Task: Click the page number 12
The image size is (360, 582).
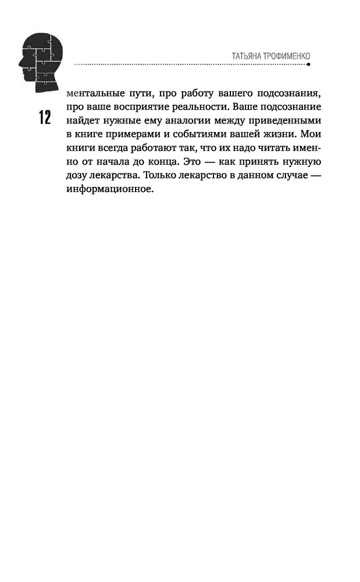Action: click(44, 118)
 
